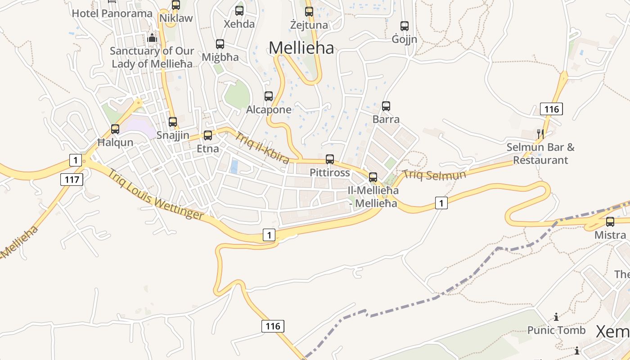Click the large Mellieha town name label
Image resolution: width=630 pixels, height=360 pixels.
(301, 48)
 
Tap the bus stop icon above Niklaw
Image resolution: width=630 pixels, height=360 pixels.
(176, 5)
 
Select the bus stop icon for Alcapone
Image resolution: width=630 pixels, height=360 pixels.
(269, 96)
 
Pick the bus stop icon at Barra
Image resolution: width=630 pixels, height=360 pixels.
(386, 106)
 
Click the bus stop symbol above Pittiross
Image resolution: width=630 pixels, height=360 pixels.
(330, 159)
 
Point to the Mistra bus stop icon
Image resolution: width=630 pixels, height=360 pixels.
(610, 222)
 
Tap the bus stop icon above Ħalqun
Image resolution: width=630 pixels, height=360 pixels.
(115, 129)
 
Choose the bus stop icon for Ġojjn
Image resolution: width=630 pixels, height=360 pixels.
(405, 26)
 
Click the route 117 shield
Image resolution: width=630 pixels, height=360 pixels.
(72, 180)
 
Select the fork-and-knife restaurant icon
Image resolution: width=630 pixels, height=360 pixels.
(540, 134)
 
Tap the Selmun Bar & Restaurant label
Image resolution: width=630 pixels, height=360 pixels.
(540, 153)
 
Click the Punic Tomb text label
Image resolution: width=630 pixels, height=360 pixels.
(556, 330)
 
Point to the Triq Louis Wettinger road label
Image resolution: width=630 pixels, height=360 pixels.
(155, 194)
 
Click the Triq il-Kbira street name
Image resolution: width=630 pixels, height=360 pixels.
(262, 148)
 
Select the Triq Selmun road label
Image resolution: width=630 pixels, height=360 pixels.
(434, 175)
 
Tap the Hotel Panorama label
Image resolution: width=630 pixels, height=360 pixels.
(112, 13)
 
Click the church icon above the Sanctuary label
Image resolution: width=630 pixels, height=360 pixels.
(152, 38)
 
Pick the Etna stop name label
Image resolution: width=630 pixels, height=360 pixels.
(208, 148)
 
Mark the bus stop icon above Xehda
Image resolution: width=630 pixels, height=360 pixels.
(239, 11)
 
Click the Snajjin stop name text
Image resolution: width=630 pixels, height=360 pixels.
(173, 135)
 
